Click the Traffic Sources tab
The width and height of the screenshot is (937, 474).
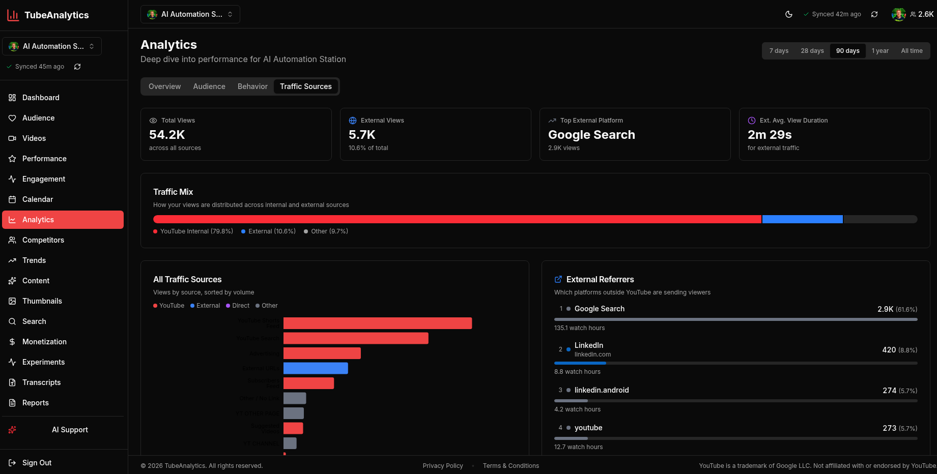tap(305, 86)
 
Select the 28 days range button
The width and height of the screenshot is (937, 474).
tap(812, 51)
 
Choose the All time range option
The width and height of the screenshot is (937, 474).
tap(911, 51)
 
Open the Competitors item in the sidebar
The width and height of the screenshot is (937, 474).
tap(43, 240)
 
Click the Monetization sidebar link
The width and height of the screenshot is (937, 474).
tap(44, 342)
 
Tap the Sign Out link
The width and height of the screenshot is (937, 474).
tap(37, 463)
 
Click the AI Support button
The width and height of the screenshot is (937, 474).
tap(70, 430)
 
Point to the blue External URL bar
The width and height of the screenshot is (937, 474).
tap(316, 368)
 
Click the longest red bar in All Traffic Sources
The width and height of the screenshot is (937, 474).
tap(377, 323)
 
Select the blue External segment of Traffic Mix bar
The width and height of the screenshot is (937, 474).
tap(802, 219)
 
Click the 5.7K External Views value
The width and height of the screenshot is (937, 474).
tap(362, 135)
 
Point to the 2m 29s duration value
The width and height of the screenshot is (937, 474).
tap(769, 135)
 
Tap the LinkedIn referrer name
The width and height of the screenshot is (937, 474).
tap(588, 345)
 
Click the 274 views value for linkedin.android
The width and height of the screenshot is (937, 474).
tap(889, 391)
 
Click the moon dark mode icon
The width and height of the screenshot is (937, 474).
tap(788, 14)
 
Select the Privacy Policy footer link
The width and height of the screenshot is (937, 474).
tap(442, 466)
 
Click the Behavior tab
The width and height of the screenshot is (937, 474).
tap(252, 86)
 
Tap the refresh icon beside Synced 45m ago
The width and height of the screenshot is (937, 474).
tap(77, 67)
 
